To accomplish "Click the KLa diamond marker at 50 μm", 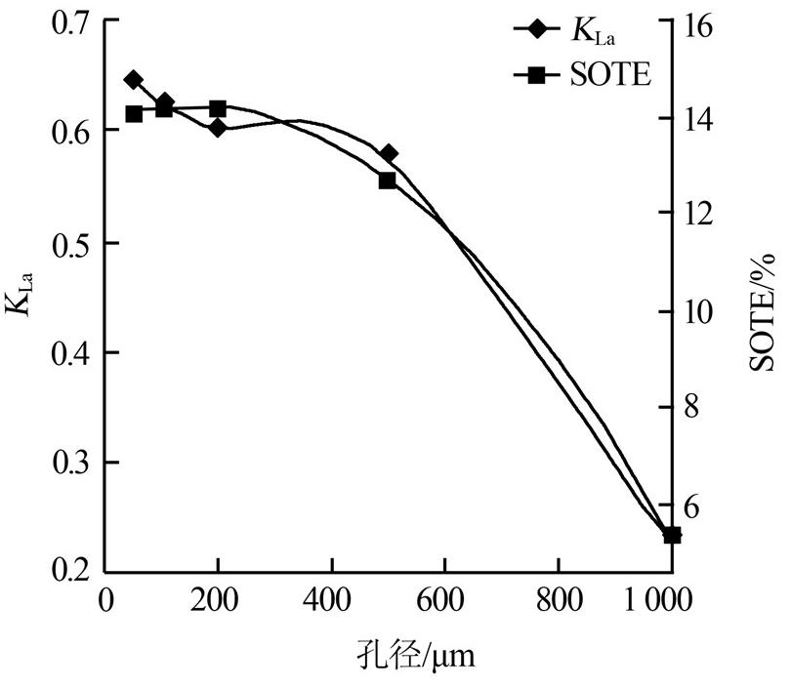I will tap(134, 80).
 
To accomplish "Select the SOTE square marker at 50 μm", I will tap(134, 114).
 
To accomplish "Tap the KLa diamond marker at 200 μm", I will tap(218, 127).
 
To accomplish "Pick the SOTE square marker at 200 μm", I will tap(218, 108).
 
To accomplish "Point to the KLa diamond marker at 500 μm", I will tap(388, 153).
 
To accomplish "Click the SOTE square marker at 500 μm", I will tap(387, 181).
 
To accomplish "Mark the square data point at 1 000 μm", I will tap(672, 535).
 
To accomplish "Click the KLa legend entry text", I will tap(592, 31).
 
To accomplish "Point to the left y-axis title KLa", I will tap(21, 292).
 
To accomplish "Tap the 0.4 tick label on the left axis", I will tap(67, 352).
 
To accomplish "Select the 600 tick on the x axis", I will tap(445, 597).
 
